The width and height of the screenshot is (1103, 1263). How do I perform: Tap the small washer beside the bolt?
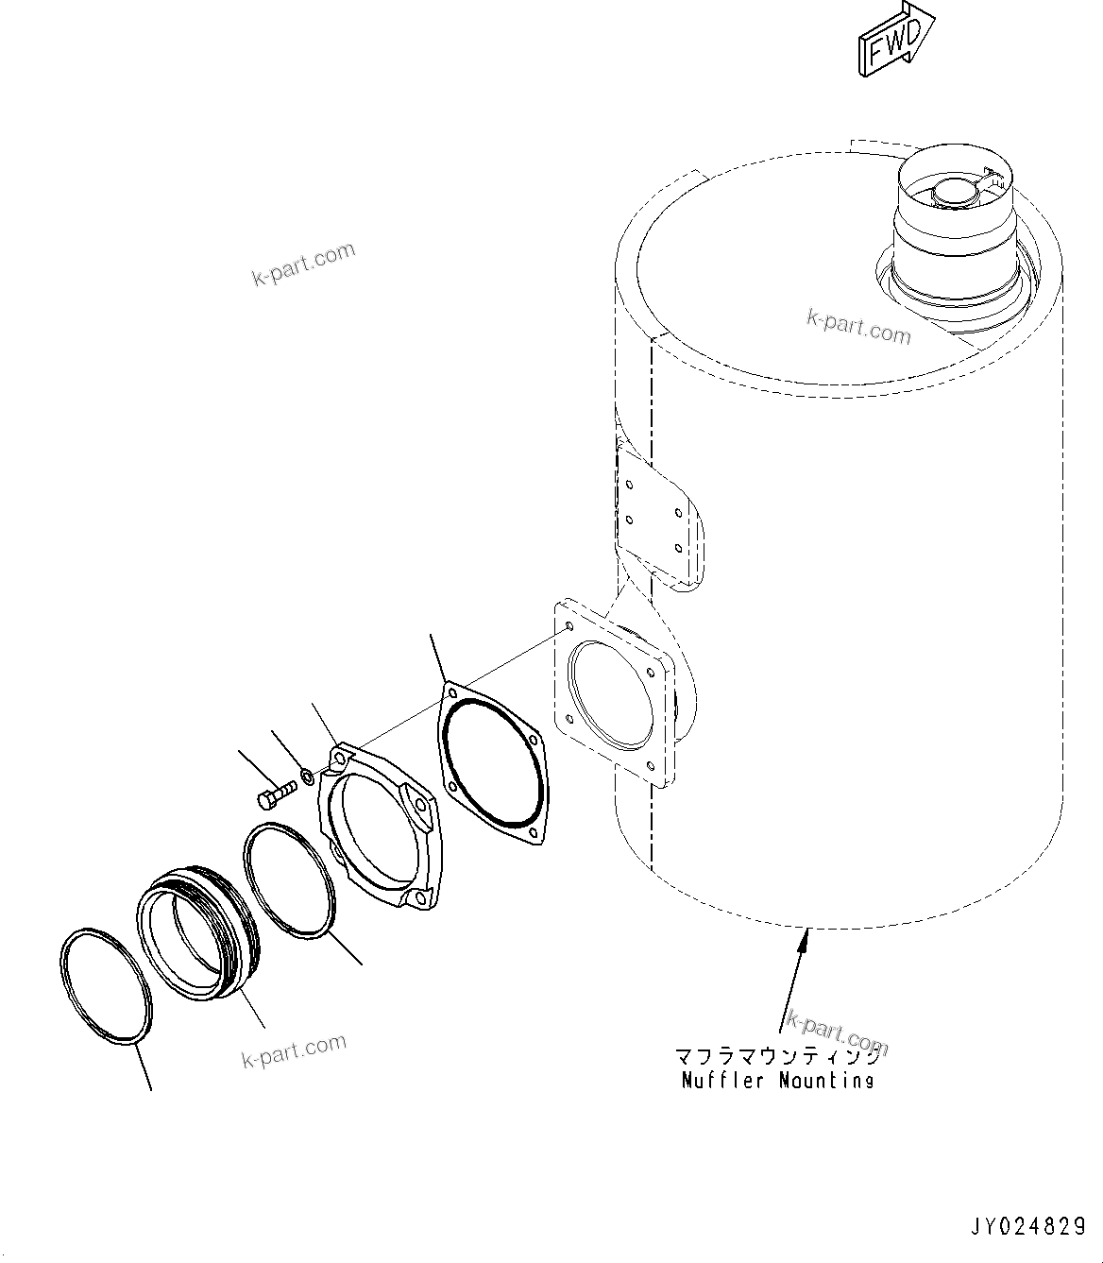tap(307, 777)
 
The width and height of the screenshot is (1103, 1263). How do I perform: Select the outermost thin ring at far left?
tap(106, 985)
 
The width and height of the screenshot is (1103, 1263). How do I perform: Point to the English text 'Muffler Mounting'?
tap(777, 1080)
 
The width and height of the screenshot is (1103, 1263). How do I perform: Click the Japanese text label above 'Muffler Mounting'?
tap(777, 1055)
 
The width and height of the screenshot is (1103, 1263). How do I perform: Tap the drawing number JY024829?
tap(1028, 1227)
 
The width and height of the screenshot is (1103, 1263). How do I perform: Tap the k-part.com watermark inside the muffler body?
tap(858, 326)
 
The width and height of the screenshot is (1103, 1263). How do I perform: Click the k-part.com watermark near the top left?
tap(304, 263)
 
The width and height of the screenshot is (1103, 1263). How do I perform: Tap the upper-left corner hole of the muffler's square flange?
tap(567, 626)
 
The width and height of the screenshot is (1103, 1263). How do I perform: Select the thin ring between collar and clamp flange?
tap(289, 880)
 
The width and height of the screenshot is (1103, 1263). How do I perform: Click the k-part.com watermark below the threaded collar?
tap(294, 1050)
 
